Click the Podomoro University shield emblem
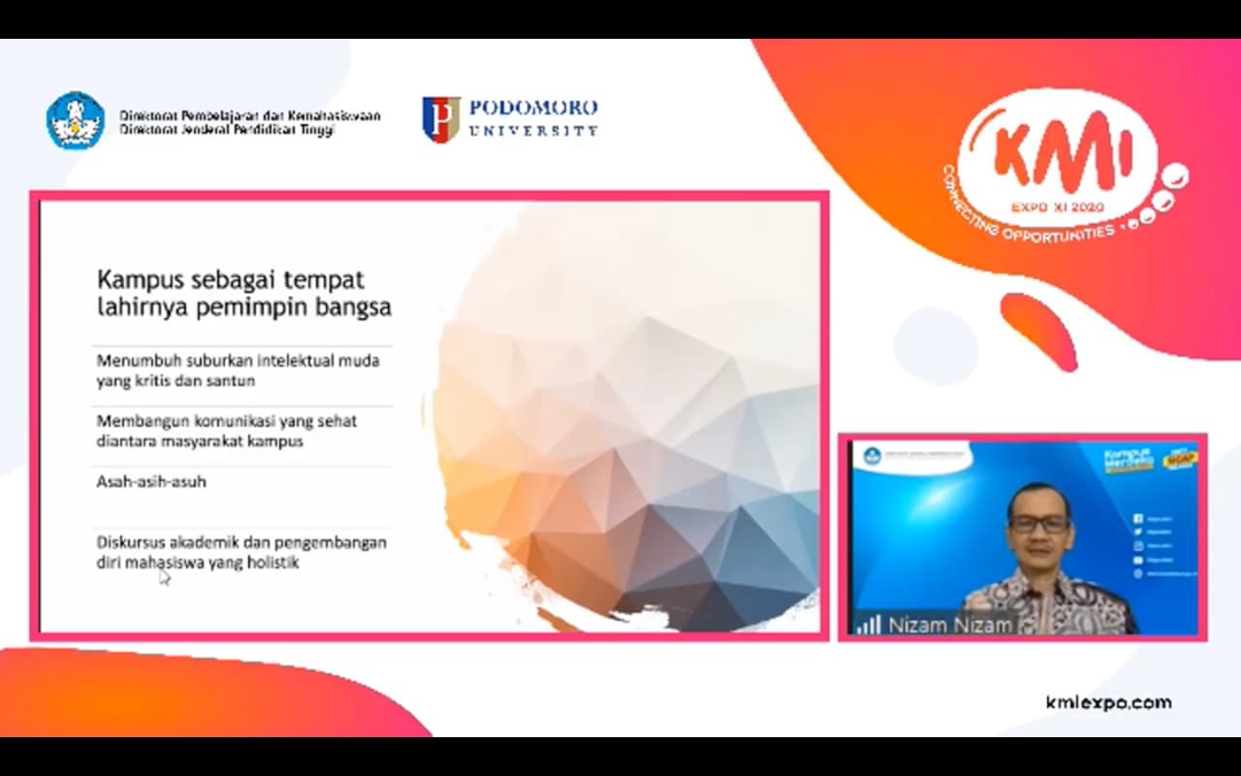click(441, 119)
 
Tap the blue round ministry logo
click(76, 120)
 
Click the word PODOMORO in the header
click(532, 107)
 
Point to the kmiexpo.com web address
click(1108, 702)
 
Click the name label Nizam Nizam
click(950, 626)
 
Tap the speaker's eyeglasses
click(1038, 524)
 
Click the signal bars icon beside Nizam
click(868, 625)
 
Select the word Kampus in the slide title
click(134, 280)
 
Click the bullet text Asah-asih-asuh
click(151, 481)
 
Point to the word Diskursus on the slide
click(130, 541)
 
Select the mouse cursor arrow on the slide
click(164, 577)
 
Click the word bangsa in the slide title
click(359, 308)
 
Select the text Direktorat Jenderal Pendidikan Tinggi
click(227, 130)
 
